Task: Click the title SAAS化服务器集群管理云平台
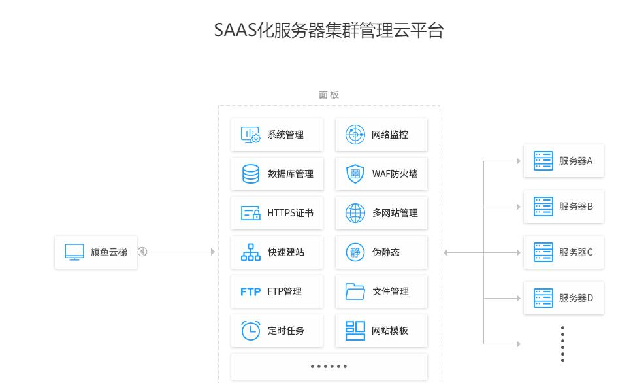coord(329,30)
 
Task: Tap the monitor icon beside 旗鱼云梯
coord(74,252)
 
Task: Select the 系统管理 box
coord(277,135)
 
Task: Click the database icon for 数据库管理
coord(251,174)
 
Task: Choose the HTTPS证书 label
coord(290,213)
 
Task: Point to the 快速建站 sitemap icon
coord(251,252)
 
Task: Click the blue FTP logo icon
coord(251,291)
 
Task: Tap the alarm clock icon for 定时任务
coord(251,331)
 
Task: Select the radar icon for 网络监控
coord(355,135)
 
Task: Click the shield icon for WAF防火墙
coord(355,174)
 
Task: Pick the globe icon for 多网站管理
coord(355,213)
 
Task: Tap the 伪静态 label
coord(385,252)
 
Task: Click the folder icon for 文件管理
coord(355,291)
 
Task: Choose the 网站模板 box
coord(381,331)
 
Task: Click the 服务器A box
coord(564,161)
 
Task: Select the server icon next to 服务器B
coord(543,207)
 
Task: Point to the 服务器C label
coord(575,252)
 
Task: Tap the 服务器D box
coord(564,298)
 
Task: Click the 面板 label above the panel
coord(329,95)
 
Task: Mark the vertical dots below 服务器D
coord(562,344)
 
